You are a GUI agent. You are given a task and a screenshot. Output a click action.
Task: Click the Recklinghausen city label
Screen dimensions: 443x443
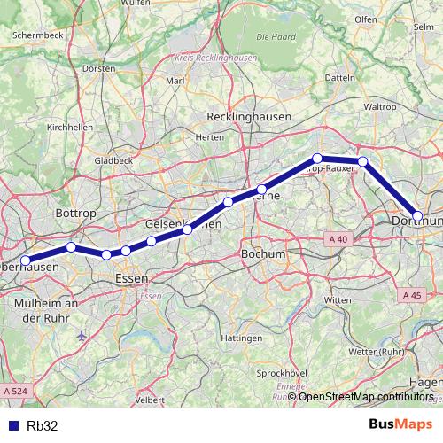[249, 117]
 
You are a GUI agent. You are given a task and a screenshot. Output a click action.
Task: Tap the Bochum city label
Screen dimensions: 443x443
[263, 254]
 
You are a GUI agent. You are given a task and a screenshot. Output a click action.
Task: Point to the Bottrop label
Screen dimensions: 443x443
[72, 214]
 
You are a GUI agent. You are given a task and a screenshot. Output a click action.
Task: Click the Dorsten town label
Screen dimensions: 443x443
[98, 68]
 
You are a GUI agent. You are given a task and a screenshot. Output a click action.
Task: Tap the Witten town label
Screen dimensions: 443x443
[338, 300]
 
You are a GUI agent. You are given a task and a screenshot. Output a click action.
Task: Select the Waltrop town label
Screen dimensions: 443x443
[380, 106]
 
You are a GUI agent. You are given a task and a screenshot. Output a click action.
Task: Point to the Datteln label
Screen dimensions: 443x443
[340, 78]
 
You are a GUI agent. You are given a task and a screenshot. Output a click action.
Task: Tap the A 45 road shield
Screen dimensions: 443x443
[411, 295]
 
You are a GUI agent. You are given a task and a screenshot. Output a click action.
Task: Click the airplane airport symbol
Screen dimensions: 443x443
[82, 336]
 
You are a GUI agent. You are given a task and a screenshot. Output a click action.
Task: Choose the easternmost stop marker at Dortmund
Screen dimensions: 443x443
[418, 215]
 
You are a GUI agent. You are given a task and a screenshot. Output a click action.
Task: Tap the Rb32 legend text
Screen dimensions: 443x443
[43, 425]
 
